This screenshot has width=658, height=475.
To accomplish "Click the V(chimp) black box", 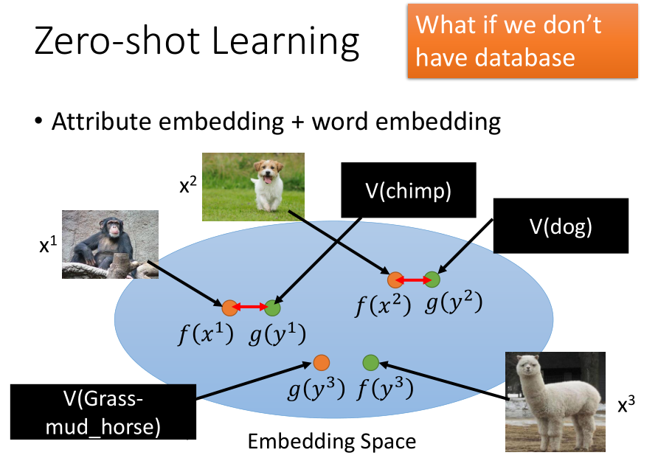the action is tap(409, 190).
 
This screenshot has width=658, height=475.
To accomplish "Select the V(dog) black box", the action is tap(561, 226).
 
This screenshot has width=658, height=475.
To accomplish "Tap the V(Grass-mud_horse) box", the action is tap(103, 412).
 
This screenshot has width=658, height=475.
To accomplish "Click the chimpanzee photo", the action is tap(111, 244).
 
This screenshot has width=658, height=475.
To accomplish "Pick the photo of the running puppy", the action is tap(254, 187).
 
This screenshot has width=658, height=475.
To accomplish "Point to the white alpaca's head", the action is tap(529, 370).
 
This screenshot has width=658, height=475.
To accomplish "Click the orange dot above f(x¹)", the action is tap(230, 308).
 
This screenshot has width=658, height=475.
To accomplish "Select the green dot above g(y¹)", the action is tap(272, 308).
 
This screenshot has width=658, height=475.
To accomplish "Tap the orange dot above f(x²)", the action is tap(395, 280).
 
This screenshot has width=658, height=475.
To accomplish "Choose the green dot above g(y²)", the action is tap(432, 280).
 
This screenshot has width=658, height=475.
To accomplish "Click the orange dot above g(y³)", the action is tap(322, 363).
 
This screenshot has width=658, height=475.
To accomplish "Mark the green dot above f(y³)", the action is tap(370, 363).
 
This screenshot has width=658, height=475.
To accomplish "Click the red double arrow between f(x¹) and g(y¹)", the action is tap(250, 307).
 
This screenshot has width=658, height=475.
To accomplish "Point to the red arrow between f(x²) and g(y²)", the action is tap(413, 280).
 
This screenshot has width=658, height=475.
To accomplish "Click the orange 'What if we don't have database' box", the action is tap(522, 41).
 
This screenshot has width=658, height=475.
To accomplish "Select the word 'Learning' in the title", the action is tap(285, 41).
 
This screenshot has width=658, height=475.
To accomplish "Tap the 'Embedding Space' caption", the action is tap(331, 441).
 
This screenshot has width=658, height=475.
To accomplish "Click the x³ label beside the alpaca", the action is tap(626, 405).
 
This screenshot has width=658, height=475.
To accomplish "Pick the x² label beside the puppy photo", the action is tap(187, 184).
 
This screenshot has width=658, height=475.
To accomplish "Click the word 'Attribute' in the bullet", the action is tap(102, 122).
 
